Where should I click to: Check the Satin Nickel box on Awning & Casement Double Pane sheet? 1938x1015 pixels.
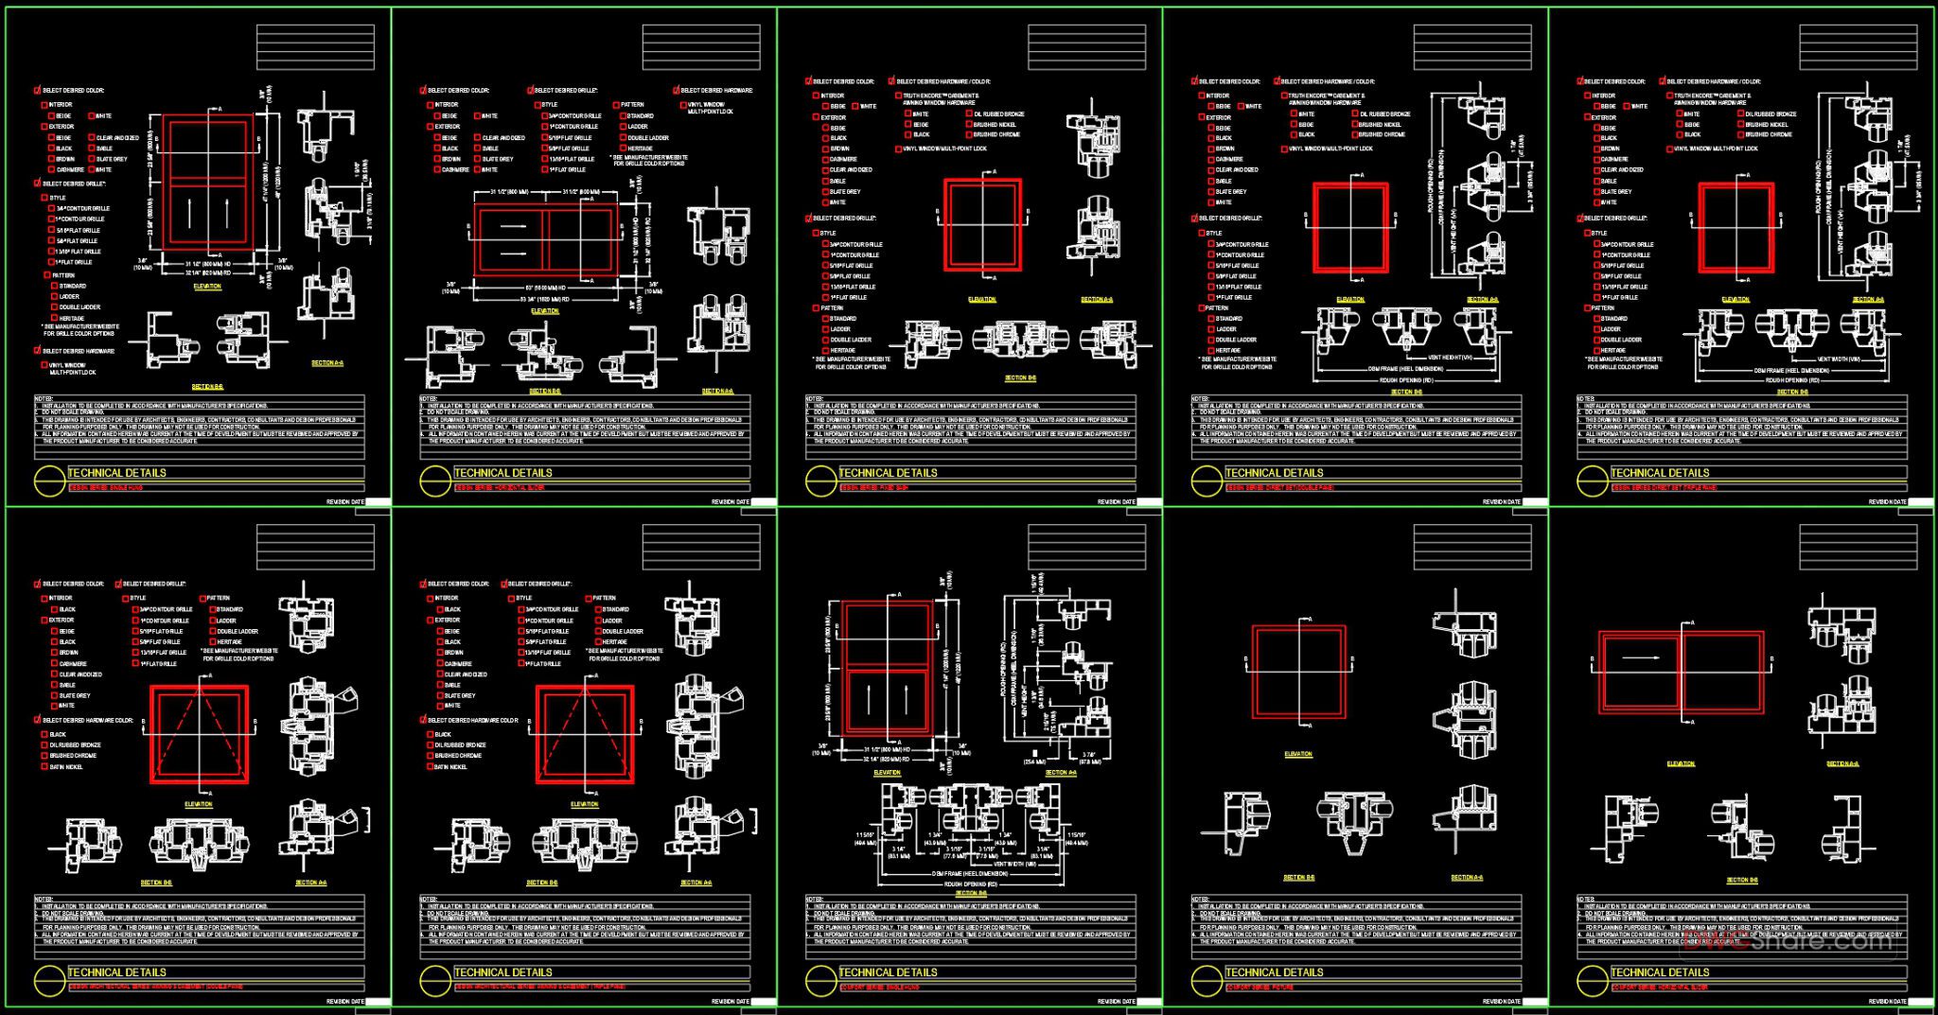click(44, 767)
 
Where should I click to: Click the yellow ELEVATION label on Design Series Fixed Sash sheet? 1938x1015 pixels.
click(982, 299)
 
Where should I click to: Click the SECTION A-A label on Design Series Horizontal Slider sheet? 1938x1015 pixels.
click(716, 391)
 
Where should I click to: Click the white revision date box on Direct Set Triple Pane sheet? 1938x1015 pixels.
click(1920, 502)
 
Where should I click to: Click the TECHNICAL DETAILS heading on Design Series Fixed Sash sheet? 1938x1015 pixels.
click(888, 473)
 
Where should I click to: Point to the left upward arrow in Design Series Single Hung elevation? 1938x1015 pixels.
click(189, 213)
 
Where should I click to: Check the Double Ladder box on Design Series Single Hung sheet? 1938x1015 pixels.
click(54, 307)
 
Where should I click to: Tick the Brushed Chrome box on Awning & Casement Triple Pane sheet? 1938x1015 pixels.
click(430, 756)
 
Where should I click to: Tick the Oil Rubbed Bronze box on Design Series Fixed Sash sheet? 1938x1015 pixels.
click(969, 114)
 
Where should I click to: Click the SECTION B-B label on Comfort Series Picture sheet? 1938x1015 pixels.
click(1297, 878)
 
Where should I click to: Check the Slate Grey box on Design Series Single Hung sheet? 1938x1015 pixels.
click(91, 160)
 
